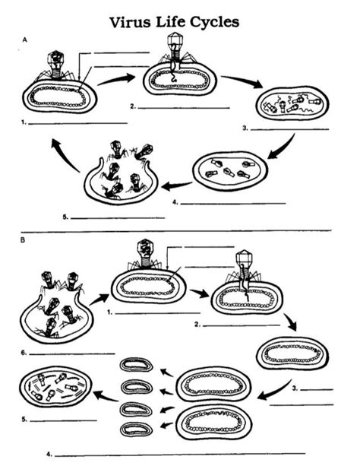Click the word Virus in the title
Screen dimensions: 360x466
pos(130,22)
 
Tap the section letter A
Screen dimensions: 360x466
pos(24,40)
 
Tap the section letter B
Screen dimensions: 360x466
pos(23,240)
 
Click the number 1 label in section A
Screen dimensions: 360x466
pos(24,122)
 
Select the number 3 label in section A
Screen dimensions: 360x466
pos(245,128)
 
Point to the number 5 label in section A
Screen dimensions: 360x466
pos(65,217)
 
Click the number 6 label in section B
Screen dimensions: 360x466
pos(24,353)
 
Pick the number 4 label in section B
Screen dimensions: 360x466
pos(49,454)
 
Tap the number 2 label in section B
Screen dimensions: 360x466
pos(197,325)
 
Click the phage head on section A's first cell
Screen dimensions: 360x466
pos(56,59)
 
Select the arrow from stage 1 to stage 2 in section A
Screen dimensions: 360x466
pos(116,80)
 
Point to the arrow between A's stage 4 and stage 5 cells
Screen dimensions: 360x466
pos(176,186)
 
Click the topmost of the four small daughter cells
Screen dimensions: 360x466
pos(137,365)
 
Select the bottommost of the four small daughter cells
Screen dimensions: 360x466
pos(137,430)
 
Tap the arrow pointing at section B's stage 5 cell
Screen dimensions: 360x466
pos(106,396)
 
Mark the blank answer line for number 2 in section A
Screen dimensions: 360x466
pos(184,108)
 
